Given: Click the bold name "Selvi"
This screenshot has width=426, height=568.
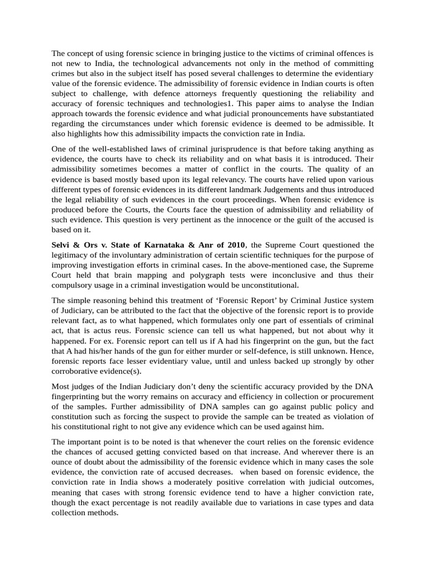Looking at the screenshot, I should pyautogui.click(x=63, y=246).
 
